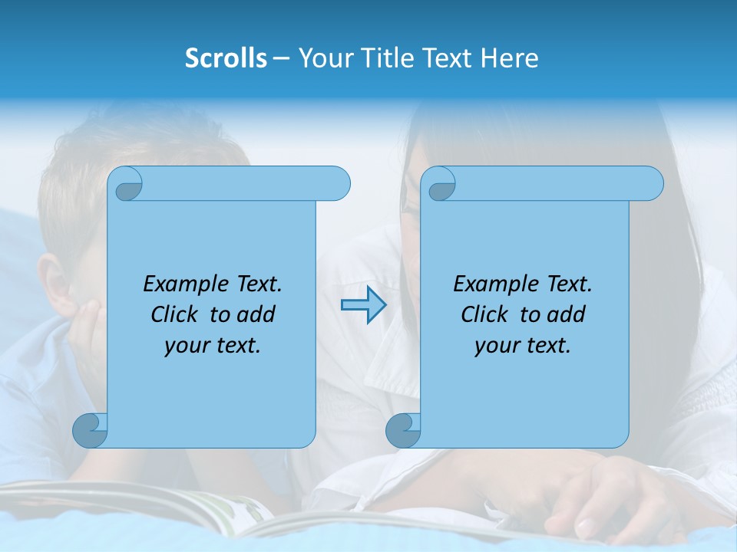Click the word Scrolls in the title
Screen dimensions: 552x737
tap(226, 58)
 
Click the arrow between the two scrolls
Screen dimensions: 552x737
tap(363, 305)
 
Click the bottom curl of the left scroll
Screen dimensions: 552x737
tap(91, 430)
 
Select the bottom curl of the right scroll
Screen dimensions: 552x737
tap(404, 430)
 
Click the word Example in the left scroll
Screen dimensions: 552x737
tap(186, 284)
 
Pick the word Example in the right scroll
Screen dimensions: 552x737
tap(496, 284)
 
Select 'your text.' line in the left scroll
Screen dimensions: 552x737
tap(213, 345)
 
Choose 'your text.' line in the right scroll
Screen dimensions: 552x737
tap(523, 345)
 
